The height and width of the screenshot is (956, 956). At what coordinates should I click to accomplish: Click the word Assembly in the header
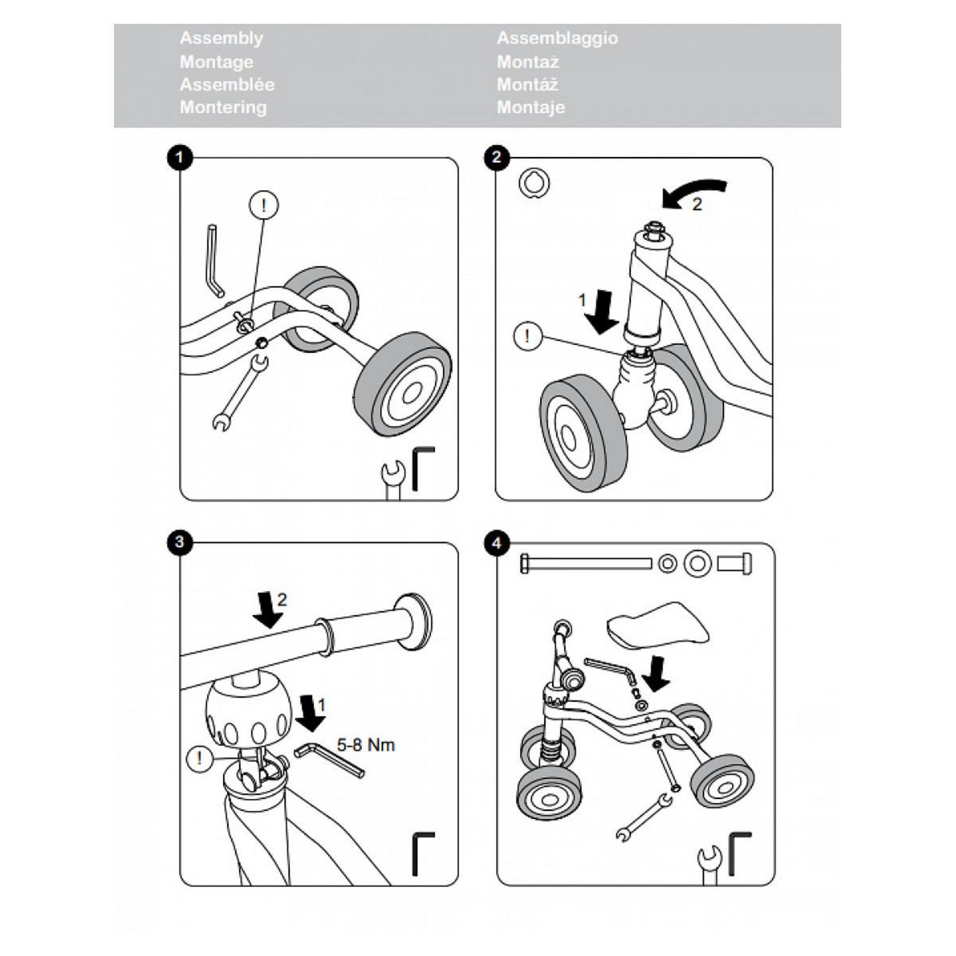[221, 38]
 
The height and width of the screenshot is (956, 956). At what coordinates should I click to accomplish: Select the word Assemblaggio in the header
[557, 38]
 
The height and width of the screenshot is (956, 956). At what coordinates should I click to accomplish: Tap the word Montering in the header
[223, 108]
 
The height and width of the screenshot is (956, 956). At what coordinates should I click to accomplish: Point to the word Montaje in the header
[531, 108]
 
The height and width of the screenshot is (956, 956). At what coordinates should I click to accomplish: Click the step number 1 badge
[180, 158]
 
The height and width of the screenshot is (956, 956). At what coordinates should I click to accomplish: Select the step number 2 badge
[497, 158]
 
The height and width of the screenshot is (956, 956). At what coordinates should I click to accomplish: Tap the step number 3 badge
[180, 543]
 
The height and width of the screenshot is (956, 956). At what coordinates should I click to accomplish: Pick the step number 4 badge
[497, 543]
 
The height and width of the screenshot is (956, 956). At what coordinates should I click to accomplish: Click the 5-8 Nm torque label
[365, 746]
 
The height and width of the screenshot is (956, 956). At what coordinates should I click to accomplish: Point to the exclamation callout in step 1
[264, 206]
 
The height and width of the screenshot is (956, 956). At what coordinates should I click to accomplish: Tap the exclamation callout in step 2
[527, 336]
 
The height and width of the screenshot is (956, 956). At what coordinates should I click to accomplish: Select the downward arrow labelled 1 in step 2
[601, 311]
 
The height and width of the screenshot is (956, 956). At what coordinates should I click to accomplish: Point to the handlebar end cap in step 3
[417, 617]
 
